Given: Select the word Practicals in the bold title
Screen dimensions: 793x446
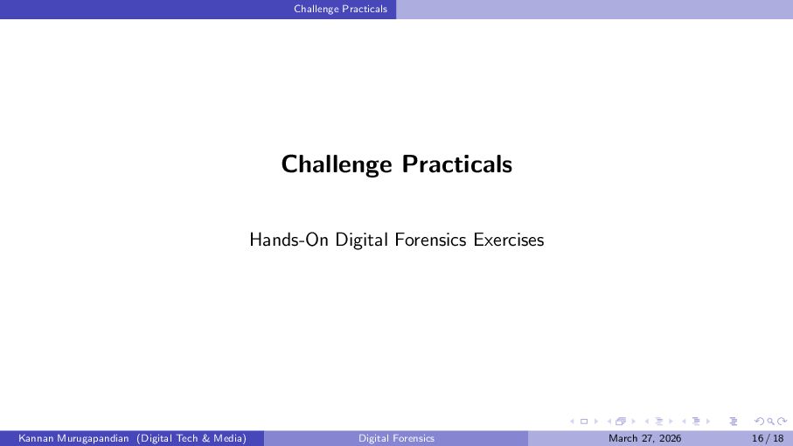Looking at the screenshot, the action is [x=457, y=164].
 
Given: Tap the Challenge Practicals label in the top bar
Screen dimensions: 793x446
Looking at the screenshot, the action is [x=340, y=9].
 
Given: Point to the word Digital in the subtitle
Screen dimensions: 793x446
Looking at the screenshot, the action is [x=361, y=240].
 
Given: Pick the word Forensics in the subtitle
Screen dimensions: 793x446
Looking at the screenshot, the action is [x=430, y=240].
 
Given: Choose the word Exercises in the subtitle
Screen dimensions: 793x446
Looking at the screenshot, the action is [x=509, y=240].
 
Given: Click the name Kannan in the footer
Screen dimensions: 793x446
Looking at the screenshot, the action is [x=35, y=438].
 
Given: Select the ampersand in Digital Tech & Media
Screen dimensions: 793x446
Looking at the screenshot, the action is [x=205, y=438].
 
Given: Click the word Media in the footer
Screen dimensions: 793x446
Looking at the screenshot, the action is [x=227, y=438].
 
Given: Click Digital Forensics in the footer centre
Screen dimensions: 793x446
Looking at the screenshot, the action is [x=397, y=438].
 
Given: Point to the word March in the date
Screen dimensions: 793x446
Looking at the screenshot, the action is [x=623, y=438].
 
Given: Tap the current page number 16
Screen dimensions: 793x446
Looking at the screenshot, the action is [x=758, y=438].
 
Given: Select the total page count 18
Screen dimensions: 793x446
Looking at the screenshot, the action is [x=778, y=438].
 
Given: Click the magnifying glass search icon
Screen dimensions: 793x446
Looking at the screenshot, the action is [x=770, y=422].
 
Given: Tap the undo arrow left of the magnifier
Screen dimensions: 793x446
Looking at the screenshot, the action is [x=759, y=422].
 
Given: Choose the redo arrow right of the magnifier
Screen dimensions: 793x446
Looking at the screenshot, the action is [x=782, y=422].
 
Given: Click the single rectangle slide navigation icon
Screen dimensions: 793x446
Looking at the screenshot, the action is [x=584, y=422].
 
